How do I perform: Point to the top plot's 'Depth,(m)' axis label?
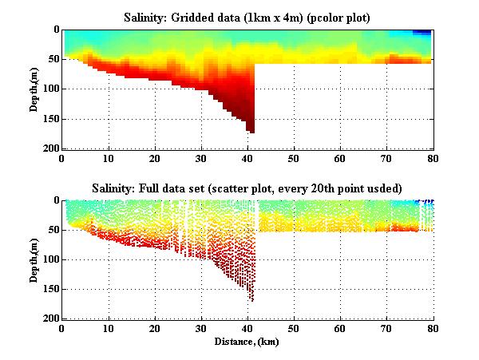click(x=35, y=89)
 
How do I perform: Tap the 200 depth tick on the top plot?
click(x=49, y=149)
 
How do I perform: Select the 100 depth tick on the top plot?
click(x=49, y=89)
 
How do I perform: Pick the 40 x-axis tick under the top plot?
click(x=247, y=159)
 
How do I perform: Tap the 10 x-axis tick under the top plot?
click(x=108, y=159)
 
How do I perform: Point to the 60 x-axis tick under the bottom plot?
click(x=340, y=329)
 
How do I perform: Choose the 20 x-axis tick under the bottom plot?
click(x=154, y=329)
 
